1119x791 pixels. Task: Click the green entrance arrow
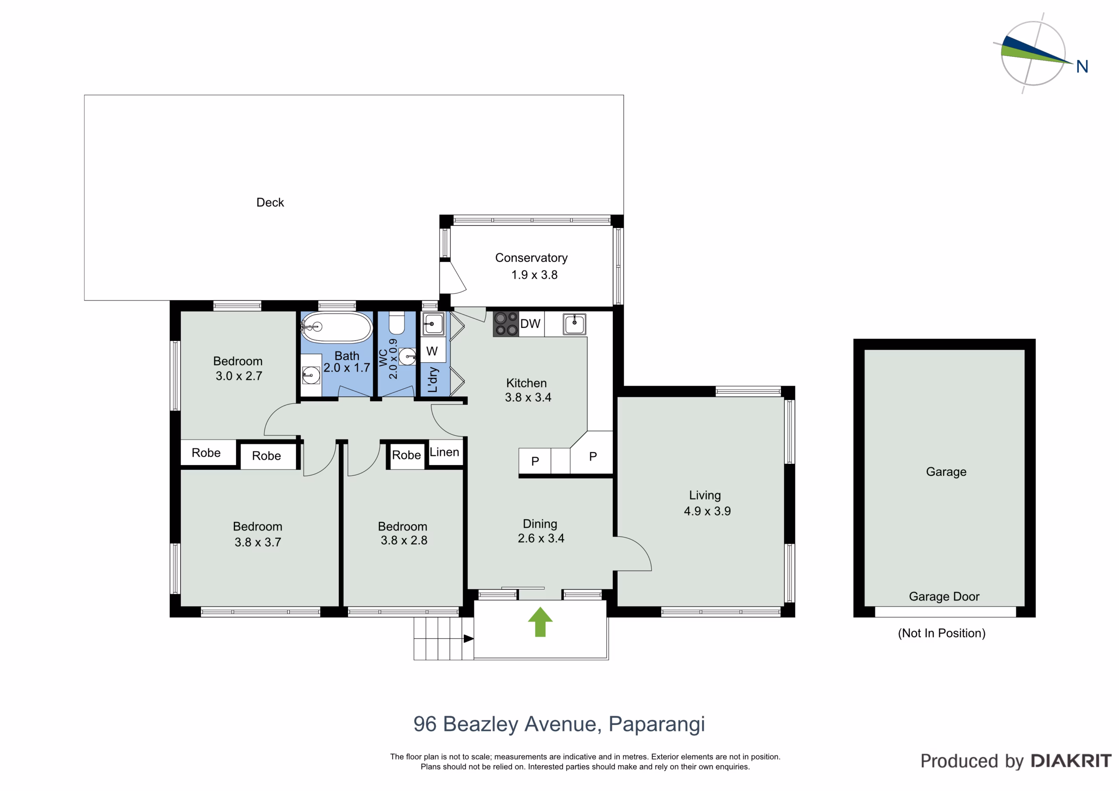point(540,622)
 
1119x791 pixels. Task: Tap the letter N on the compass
point(1082,66)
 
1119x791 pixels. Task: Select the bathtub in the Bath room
point(336,327)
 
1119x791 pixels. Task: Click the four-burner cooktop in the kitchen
point(506,324)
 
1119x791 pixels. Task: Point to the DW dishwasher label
point(530,324)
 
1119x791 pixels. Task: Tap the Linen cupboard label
point(444,452)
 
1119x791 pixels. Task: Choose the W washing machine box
point(432,350)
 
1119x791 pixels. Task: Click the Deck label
point(270,202)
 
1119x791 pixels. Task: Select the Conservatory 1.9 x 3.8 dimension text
point(534,275)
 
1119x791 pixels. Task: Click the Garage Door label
point(944,596)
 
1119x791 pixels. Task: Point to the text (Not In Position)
point(942,633)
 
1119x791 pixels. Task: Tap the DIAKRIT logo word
point(1071,761)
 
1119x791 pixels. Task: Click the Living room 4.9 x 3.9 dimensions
point(707,511)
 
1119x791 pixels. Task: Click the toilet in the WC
point(397,322)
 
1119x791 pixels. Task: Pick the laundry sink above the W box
point(433,324)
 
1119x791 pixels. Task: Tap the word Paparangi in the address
point(657,725)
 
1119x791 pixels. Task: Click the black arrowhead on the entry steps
point(468,638)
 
